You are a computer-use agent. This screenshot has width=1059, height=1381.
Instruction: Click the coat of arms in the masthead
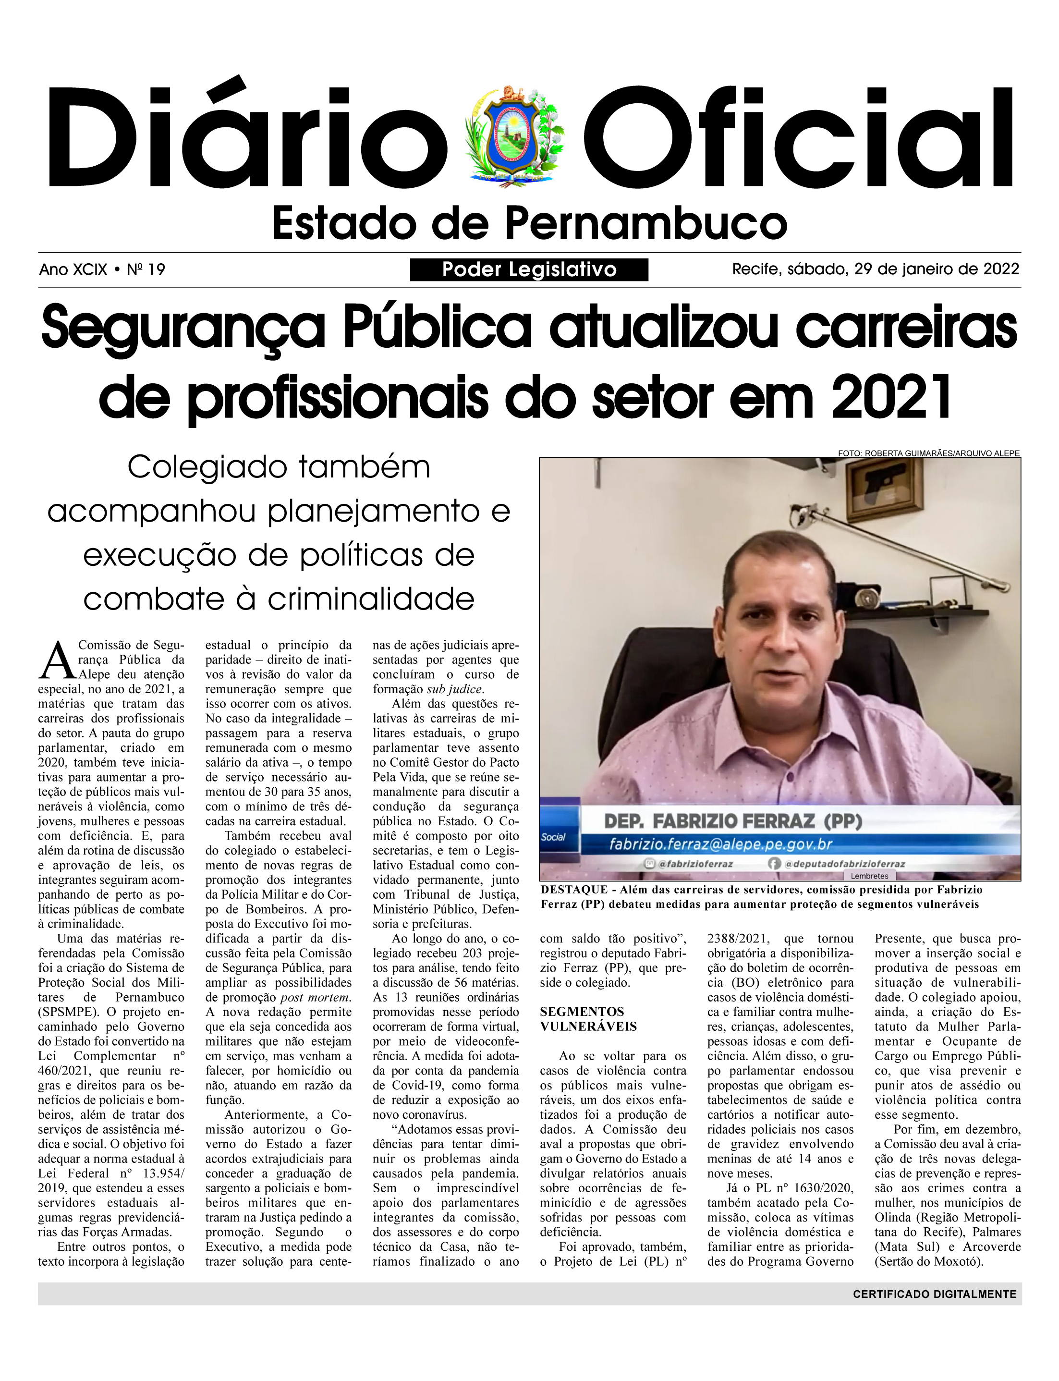[514, 135]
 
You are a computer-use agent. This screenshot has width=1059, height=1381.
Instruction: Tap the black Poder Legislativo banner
[529, 270]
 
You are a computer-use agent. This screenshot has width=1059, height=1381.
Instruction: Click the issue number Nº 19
[146, 270]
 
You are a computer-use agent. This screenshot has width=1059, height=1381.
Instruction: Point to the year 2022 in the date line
[1001, 269]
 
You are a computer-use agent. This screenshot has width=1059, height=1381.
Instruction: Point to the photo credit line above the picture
[928, 453]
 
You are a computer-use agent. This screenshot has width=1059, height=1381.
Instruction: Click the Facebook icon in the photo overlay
[774, 864]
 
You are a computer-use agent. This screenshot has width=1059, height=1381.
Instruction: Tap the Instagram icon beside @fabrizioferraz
[649, 864]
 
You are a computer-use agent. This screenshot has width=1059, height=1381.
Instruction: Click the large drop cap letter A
[57, 661]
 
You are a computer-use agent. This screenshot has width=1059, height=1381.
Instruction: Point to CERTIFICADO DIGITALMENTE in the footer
[934, 1294]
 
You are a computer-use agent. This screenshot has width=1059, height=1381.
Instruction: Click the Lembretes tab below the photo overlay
[869, 876]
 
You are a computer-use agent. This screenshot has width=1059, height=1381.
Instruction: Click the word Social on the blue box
[553, 837]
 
